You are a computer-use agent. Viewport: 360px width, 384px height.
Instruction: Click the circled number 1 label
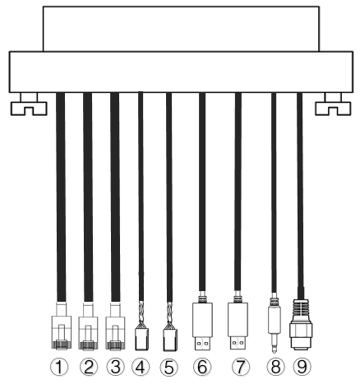[59, 367]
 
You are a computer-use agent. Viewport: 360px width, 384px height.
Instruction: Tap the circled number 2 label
[88, 367]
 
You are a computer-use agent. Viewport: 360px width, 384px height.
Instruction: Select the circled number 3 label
[115, 367]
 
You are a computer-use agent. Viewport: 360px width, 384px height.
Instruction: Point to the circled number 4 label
[141, 368]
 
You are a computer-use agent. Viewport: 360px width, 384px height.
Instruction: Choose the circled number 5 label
[168, 368]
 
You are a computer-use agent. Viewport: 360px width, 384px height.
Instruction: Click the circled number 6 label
[202, 367]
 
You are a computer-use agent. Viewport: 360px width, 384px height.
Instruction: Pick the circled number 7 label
[241, 367]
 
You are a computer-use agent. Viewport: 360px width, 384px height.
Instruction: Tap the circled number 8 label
[275, 367]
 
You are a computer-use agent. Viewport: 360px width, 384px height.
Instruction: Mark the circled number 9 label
[302, 367]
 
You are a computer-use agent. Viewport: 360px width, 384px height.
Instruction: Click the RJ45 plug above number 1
[62, 326]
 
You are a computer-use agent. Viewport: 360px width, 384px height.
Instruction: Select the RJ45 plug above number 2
[88, 326]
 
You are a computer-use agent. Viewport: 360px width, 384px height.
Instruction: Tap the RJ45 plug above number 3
[115, 326]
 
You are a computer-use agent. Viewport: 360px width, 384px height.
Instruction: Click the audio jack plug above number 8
[275, 323]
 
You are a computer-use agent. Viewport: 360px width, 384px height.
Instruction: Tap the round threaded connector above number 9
[301, 325]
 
